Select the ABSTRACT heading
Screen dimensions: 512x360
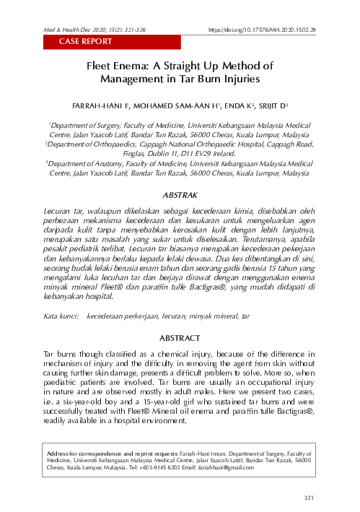180,337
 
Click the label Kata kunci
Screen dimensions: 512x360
61,316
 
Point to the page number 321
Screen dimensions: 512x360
310,498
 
